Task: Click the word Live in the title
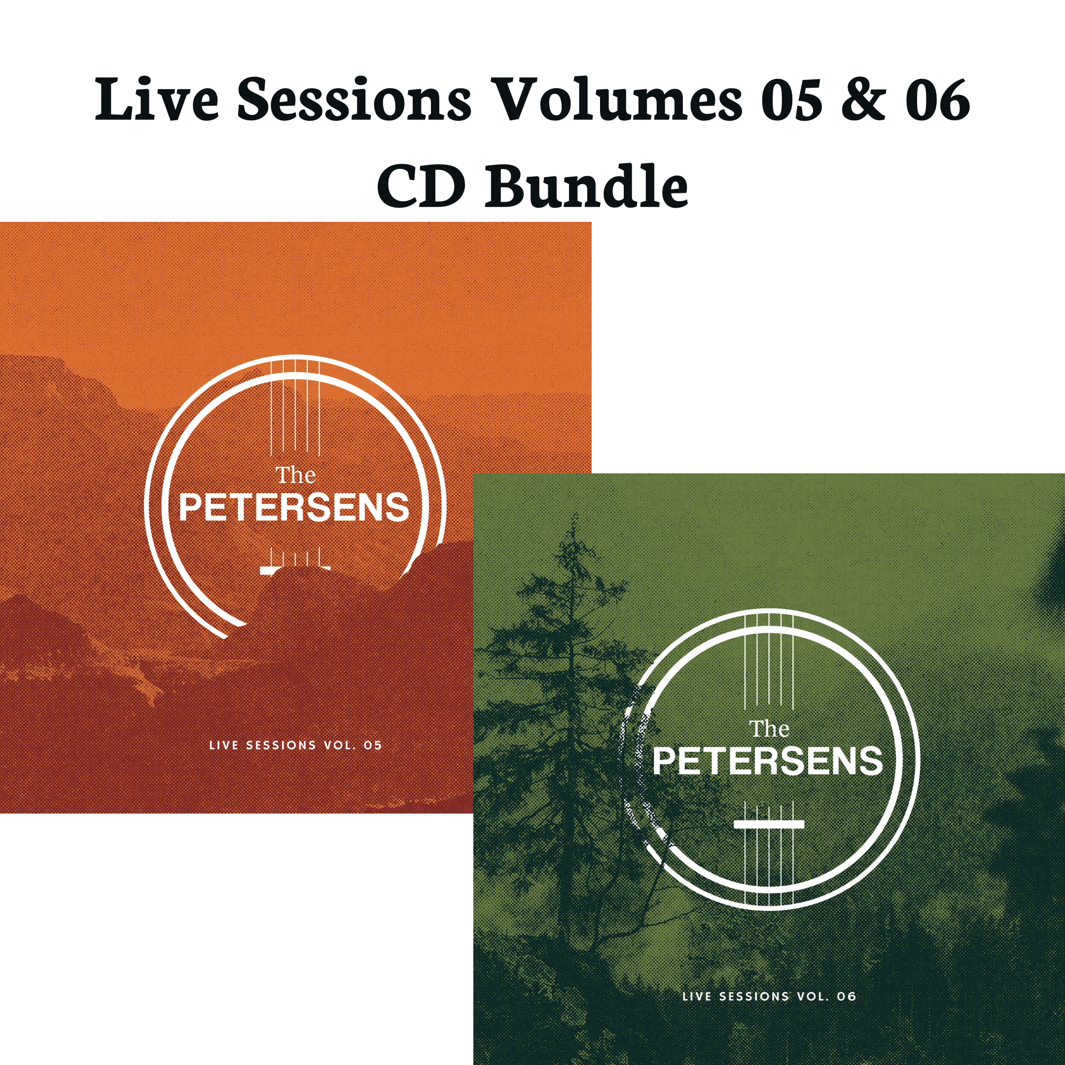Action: point(157,100)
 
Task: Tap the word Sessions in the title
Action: point(354,100)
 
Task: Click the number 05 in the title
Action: point(791,100)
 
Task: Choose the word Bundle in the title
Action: point(587,186)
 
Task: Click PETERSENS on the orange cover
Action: point(294,508)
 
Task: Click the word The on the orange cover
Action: point(295,475)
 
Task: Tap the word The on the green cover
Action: point(769,729)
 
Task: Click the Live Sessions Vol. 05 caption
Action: point(295,745)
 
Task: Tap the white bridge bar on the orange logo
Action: point(295,569)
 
